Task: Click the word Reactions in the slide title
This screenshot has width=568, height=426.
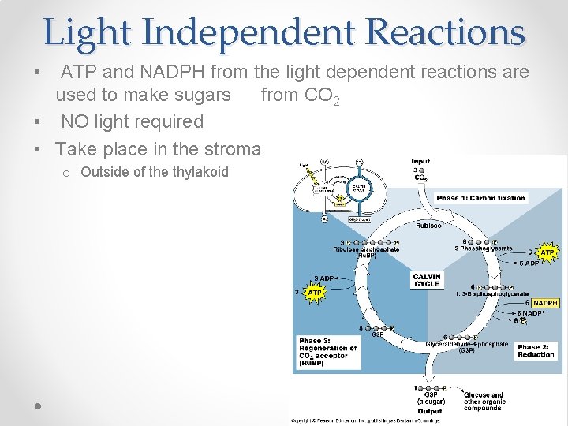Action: pyautogui.click(x=446, y=32)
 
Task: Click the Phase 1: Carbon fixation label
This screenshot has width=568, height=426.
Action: pyautogui.click(x=480, y=198)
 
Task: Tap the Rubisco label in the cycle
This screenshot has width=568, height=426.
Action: pyautogui.click(x=428, y=226)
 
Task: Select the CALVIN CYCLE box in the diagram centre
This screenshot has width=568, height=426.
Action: pyautogui.click(x=426, y=279)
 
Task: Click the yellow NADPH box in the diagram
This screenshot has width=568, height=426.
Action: pyautogui.click(x=545, y=303)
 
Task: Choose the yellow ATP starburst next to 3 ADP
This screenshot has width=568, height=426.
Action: pyautogui.click(x=315, y=292)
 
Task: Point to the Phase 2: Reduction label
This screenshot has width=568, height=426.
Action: pyautogui.click(x=536, y=350)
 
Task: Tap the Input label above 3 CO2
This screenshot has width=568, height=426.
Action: pyautogui.click(x=420, y=162)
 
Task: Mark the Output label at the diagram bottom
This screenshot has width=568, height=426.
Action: pyautogui.click(x=429, y=411)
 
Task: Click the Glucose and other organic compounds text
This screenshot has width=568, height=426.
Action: pyautogui.click(x=483, y=402)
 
